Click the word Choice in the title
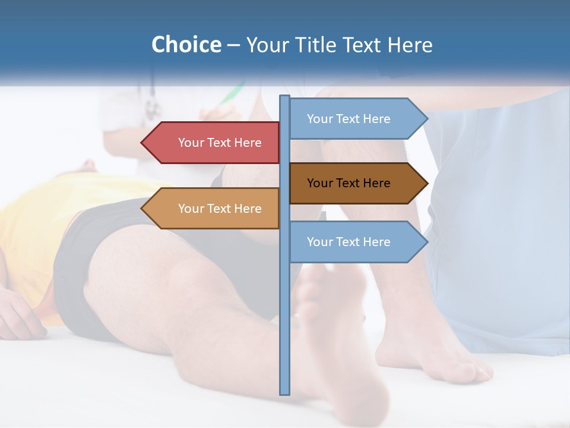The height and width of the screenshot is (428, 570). (186, 45)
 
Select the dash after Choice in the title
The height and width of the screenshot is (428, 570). (233, 45)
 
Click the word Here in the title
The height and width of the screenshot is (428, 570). (410, 45)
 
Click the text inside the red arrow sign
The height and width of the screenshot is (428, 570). (220, 143)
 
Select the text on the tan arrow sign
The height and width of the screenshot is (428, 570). (220, 209)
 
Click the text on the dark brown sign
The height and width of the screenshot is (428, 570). (349, 183)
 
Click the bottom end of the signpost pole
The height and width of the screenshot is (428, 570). (285, 392)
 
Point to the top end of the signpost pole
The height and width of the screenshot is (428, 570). (285, 97)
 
